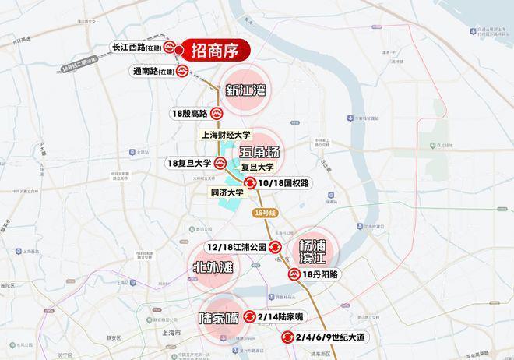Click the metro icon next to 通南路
(181, 71)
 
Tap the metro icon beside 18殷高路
(217, 113)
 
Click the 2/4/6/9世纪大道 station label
(333, 337)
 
